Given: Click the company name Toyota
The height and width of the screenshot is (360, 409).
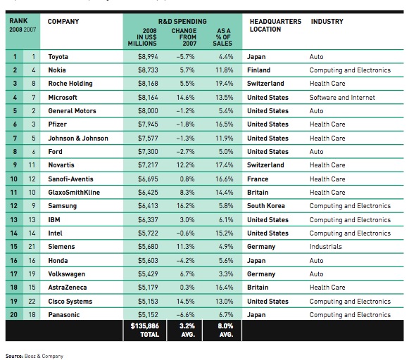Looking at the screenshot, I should pyautogui.click(x=58, y=56).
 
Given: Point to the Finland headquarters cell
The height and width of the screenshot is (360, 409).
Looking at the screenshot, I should pyautogui.click(x=259, y=70).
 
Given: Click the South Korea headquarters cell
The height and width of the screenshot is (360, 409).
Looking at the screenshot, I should pyautogui.click(x=266, y=206).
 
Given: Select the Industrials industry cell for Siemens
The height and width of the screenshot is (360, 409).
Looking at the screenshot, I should pyautogui.click(x=326, y=247).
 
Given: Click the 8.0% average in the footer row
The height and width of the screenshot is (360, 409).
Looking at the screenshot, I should pyautogui.click(x=224, y=326).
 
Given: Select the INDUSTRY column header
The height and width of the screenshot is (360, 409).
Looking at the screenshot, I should pyautogui.click(x=327, y=22).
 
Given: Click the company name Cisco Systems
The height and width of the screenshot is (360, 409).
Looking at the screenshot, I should pyautogui.click(x=70, y=301).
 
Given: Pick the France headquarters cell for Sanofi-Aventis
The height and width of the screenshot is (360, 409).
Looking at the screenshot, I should pyautogui.click(x=258, y=179).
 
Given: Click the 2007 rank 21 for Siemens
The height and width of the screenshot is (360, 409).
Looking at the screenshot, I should pyautogui.click(x=30, y=247).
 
